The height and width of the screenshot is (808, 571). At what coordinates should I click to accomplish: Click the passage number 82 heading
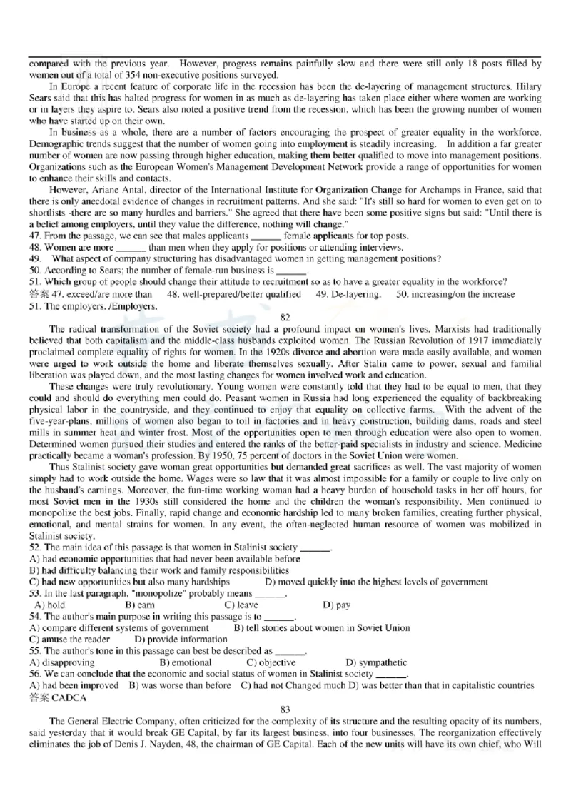pyautogui.click(x=285, y=315)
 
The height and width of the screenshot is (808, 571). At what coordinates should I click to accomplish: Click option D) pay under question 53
pyautogui.click(x=336, y=605)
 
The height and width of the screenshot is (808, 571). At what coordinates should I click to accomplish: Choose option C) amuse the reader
pyautogui.click(x=70, y=639)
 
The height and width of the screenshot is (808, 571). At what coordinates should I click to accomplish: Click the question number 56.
pyautogui.click(x=35, y=673)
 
